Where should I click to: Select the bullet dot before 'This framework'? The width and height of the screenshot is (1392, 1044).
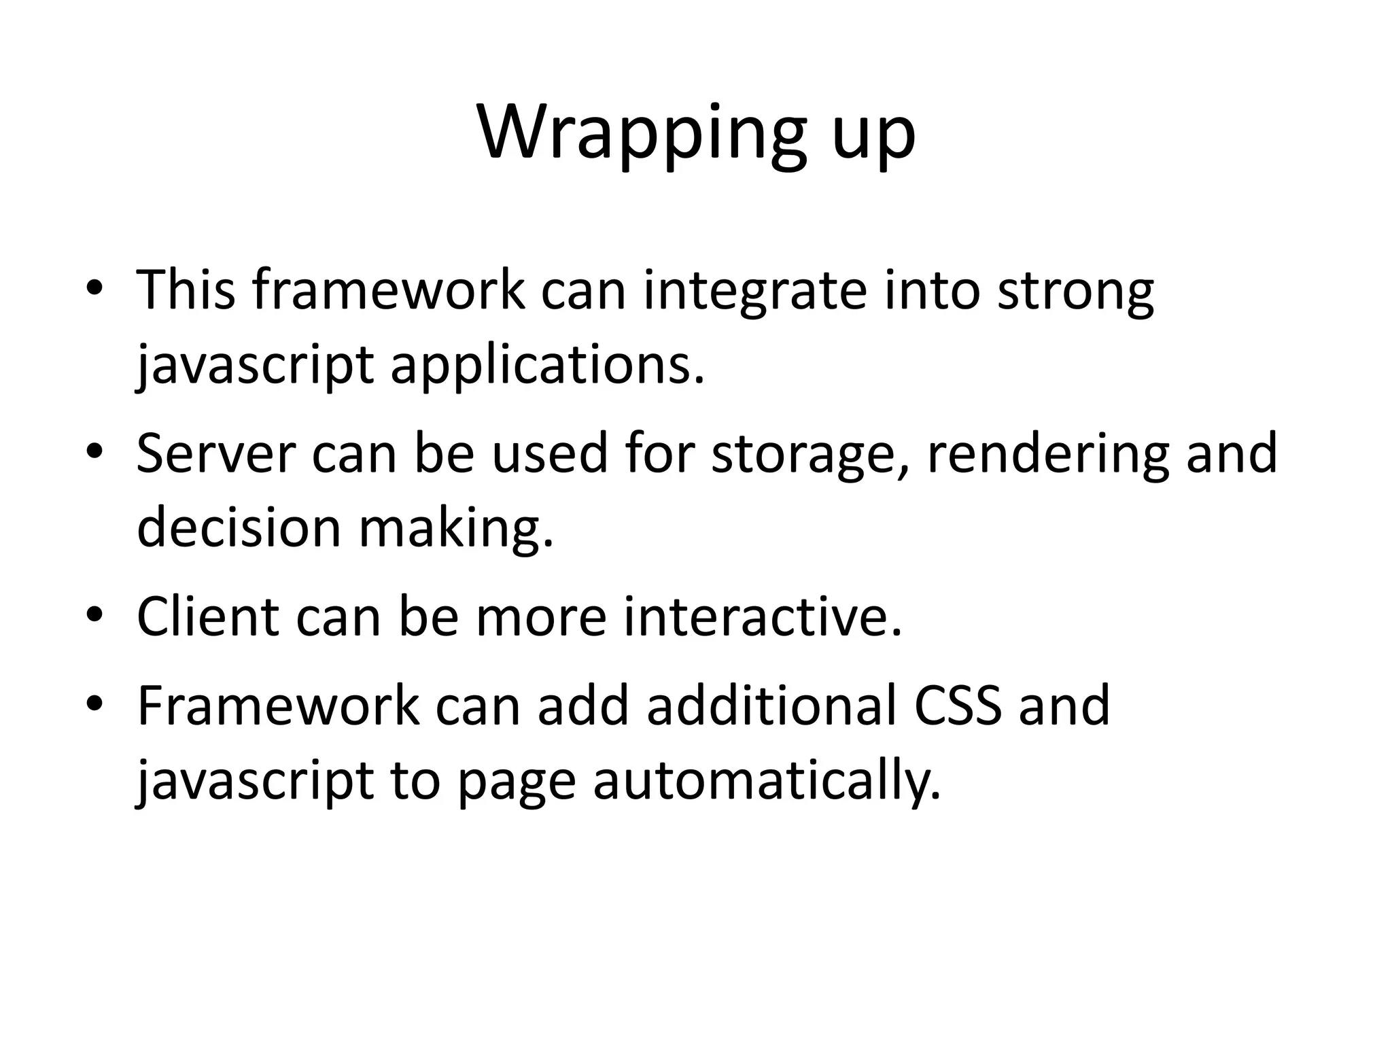point(94,289)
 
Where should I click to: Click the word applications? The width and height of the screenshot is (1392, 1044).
point(548,366)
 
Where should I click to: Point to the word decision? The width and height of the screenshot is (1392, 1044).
point(239,527)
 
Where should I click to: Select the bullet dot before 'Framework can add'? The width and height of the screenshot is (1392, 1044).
point(94,704)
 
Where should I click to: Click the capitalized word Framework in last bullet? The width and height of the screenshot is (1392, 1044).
point(278,706)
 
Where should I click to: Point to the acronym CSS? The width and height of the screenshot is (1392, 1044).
point(958,706)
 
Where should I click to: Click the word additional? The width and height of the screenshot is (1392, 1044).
point(771,706)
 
